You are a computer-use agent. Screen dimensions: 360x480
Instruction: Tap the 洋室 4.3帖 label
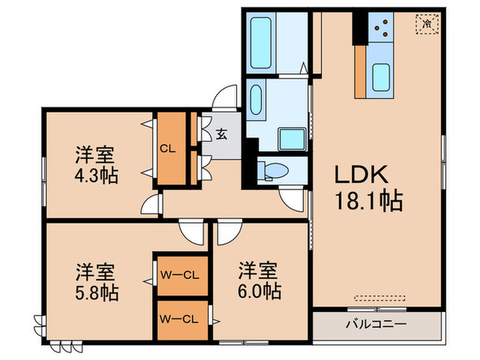point(96,165)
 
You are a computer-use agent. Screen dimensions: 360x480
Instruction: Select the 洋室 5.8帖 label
point(96,283)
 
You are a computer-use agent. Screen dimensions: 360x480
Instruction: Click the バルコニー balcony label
point(375,324)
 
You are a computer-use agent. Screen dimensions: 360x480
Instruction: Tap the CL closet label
point(167,147)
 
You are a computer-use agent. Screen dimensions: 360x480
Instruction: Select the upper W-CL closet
point(180,276)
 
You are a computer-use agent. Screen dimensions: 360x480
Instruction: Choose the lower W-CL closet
point(180,318)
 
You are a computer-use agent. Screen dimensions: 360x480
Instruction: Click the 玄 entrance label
point(223,135)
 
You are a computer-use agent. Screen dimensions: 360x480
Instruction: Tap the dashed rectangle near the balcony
point(376,298)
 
